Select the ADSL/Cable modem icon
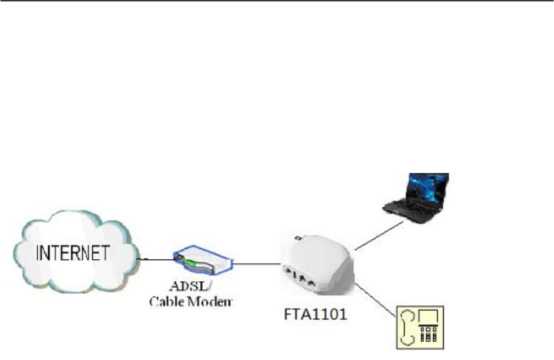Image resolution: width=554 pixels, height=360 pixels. tap(200, 262)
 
